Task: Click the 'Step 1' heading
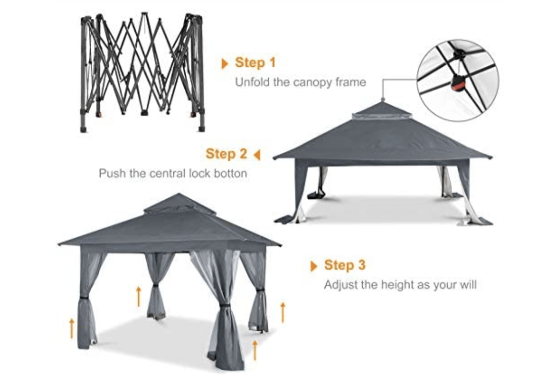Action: click(255, 63)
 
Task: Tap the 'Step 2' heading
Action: click(226, 154)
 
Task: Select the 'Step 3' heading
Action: click(344, 265)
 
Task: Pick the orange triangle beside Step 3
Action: click(314, 266)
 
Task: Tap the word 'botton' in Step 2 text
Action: click(229, 173)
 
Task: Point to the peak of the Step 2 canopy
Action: click(382, 102)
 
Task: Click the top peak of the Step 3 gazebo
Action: click(178, 194)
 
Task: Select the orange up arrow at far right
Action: click(283, 312)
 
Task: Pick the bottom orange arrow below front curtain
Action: click(255, 350)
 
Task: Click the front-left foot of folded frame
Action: click(83, 129)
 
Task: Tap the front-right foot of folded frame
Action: click(201, 128)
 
